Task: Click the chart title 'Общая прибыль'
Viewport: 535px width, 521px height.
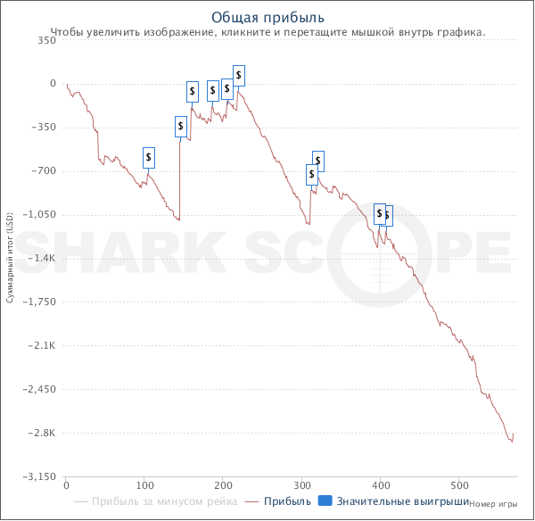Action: coord(267,17)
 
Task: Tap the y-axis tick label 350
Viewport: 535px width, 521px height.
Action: coord(47,40)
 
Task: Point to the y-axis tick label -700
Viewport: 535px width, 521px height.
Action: coord(45,171)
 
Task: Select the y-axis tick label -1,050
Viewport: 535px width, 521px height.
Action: coord(41,215)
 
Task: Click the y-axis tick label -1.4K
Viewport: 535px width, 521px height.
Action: coord(44,259)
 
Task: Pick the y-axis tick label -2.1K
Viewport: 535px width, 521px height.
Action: coord(44,346)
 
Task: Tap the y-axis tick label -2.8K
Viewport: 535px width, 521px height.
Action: coord(44,434)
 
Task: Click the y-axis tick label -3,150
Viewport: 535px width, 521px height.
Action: coord(41,477)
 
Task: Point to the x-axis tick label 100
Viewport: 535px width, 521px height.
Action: coord(144,487)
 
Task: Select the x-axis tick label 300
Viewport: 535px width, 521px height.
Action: coord(301,487)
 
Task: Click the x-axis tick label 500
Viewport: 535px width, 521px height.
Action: coord(458,487)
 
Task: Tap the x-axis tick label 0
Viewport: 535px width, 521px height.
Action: coord(66,487)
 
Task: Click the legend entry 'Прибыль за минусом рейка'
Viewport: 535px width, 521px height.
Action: coord(164,502)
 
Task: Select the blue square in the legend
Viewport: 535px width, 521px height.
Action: coord(325,502)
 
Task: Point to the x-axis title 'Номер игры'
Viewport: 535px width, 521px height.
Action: coord(494,503)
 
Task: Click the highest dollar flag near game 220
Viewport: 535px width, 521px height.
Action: coord(239,75)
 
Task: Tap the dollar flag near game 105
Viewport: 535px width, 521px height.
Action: coord(149,158)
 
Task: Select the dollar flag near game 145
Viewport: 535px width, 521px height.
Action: coord(181,127)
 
